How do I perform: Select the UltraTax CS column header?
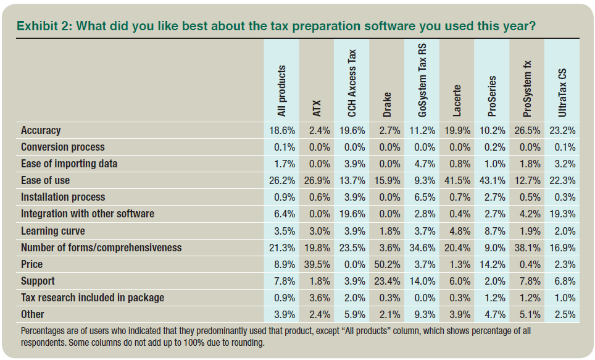(x=562, y=93)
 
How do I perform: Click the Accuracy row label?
(x=41, y=130)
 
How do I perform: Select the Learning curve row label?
(x=53, y=231)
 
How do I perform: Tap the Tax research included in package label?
(x=93, y=298)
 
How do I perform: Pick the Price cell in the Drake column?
(x=387, y=264)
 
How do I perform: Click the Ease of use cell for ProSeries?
(x=492, y=180)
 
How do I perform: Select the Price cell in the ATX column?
(x=317, y=264)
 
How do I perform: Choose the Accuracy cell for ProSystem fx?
(x=527, y=130)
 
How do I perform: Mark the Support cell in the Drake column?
(x=387, y=281)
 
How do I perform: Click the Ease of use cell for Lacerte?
(x=457, y=180)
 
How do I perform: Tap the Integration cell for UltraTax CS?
(x=562, y=214)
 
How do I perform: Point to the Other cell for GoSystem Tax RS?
(x=422, y=314)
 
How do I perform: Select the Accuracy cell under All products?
(x=281, y=130)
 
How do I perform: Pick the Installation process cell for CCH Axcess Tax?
(x=352, y=197)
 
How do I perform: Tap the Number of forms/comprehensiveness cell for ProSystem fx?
(x=527, y=248)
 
